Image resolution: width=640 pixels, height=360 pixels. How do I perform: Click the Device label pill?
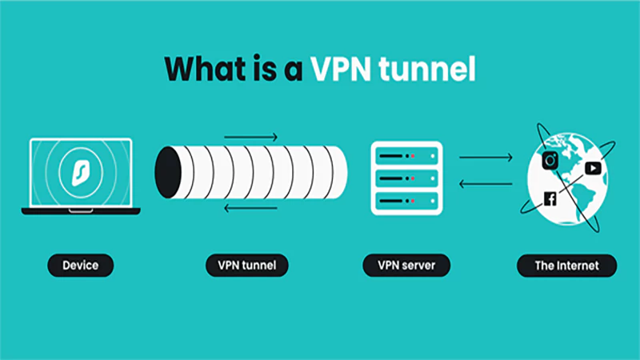(81, 265)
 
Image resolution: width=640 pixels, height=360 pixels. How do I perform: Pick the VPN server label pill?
(406, 265)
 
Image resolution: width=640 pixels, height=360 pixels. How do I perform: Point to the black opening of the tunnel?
(167, 172)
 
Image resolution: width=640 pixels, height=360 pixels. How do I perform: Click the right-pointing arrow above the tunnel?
(250, 137)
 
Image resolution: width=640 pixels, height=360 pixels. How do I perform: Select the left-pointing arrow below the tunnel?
(250, 209)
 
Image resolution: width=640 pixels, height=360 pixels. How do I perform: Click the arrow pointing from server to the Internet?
(486, 158)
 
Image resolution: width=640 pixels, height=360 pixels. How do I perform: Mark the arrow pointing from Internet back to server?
(486, 183)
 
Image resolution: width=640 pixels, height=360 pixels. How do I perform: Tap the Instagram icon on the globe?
(550, 160)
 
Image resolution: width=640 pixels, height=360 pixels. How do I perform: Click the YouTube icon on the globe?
(592, 168)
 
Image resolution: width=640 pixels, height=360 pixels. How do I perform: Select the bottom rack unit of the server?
(406, 200)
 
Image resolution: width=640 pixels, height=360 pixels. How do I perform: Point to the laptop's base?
(81, 211)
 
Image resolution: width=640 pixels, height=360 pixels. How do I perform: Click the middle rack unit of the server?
(406, 178)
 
